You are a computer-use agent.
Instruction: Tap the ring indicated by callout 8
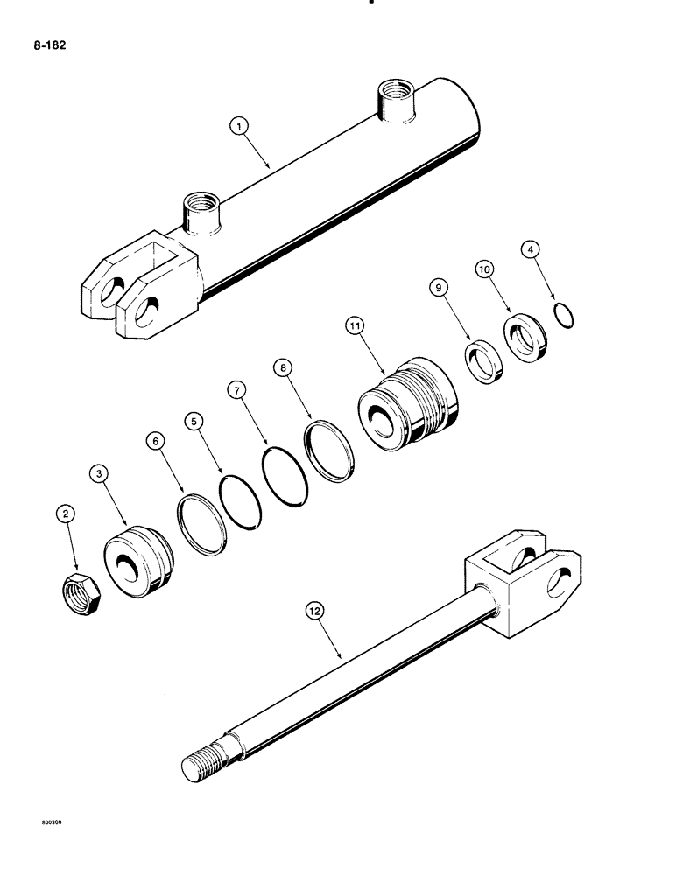click(x=329, y=451)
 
